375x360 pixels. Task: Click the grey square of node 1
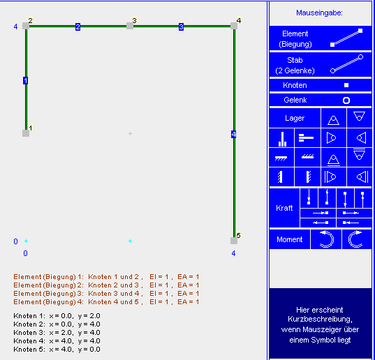(x=26, y=133)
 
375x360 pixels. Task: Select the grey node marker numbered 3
(x=130, y=26)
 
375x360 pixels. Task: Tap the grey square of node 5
(x=234, y=241)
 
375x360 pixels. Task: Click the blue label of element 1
(x=26, y=80)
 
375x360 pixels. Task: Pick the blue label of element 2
(x=78, y=27)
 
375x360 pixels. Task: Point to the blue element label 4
(x=234, y=134)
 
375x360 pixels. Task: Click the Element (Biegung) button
(x=321, y=38)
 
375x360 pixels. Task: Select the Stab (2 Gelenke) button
(x=321, y=65)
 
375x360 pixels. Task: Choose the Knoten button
(x=321, y=85)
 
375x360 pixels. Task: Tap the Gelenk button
(x=321, y=100)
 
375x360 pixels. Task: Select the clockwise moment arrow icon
(x=349, y=239)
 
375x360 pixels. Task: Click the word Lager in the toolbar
(x=295, y=118)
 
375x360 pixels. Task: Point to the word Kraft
(x=284, y=208)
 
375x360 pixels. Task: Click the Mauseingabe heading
(x=319, y=13)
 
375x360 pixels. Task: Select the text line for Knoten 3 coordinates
(x=57, y=333)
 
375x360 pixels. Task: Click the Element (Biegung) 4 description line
(x=106, y=301)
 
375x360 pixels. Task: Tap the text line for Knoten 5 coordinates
(x=57, y=350)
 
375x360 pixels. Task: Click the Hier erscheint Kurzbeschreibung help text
(x=320, y=324)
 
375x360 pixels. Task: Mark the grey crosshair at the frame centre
(x=130, y=133)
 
